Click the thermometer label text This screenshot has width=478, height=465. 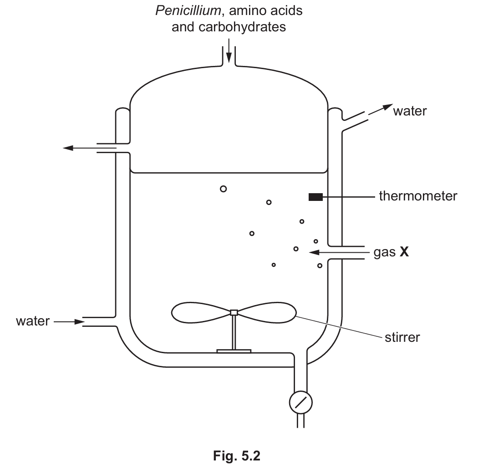click(417, 196)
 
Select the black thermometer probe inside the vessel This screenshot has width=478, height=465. click(315, 197)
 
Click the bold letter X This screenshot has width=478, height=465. click(404, 252)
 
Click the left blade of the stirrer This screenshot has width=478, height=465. click(200, 312)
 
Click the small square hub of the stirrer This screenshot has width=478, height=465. click(234, 312)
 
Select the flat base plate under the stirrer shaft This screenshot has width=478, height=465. click(234, 350)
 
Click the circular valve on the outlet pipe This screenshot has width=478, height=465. click(301, 402)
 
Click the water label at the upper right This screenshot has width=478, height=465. click(410, 111)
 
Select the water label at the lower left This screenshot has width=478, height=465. click(32, 321)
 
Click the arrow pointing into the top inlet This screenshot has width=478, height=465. click(229, 54)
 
